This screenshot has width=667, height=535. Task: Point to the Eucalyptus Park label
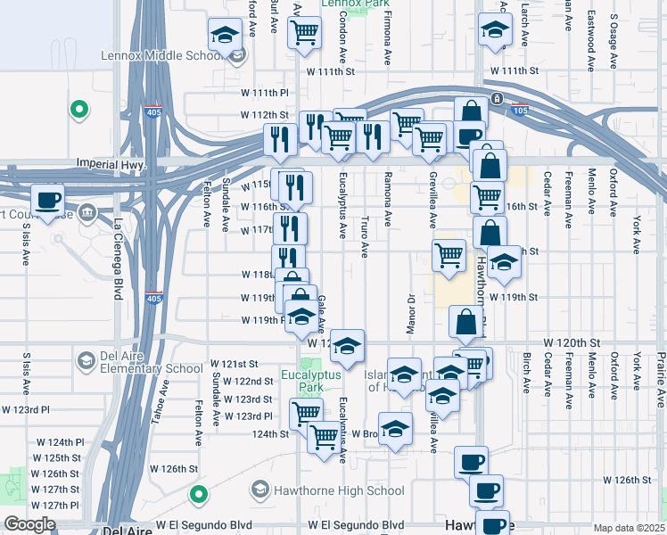tap(311, 381)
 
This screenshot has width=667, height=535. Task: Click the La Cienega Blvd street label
tap(117, 259)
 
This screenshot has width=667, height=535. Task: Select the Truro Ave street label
tap(366, 236)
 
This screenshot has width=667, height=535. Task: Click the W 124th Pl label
tap(60, 442)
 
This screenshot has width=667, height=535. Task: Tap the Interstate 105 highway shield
tap(522, 111)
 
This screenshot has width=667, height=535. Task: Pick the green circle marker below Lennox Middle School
tap(79, 110)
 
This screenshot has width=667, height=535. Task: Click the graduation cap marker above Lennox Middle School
tap(226, 35)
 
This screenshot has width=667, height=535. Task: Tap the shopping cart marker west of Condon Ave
tap(305, 32)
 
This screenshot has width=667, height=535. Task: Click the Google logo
tap(29, 525)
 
